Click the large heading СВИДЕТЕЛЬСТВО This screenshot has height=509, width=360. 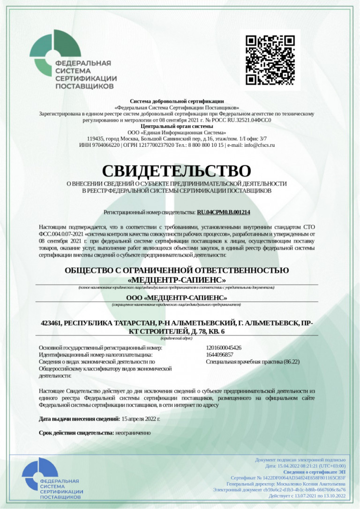click(x=177, y=171)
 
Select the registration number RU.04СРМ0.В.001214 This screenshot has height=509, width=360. click(x=224, y=212)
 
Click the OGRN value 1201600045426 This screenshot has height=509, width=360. click(x=224, y=348)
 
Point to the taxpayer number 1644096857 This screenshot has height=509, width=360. click(x=220, y=355)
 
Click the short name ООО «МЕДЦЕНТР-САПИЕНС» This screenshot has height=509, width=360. click(x=177, y=298)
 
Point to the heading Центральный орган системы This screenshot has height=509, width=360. click(x=177, y=126)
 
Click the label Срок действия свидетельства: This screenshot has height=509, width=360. click(x=76, y=433)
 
